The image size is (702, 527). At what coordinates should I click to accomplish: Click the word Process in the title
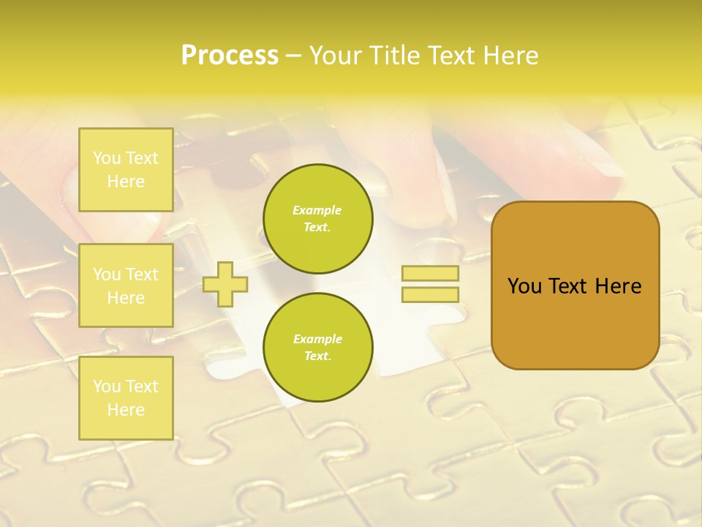point(230,56)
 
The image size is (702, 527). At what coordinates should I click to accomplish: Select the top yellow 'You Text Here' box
point(126,170)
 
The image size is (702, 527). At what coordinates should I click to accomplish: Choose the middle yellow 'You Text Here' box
point(126,285)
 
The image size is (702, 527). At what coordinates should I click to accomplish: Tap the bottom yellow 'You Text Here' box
point(126,398)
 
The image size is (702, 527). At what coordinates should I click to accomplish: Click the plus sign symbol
point(225,284)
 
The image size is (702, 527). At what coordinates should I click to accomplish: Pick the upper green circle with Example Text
point(317,219)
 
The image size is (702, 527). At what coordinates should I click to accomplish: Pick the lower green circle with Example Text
point(317,348)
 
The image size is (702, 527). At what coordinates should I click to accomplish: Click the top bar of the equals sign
point(430,274)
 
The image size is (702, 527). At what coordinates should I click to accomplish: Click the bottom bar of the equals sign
point(430,295)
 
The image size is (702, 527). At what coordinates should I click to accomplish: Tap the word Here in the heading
point(510,56)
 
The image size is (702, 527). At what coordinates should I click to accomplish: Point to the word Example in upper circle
point(317,210)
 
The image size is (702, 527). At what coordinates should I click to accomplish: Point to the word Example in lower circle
point(317,339)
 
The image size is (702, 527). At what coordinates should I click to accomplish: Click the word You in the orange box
point(524,286)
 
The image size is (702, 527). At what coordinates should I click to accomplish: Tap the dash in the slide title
point(293,56)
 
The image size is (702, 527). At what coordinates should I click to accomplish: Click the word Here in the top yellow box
point(126,182)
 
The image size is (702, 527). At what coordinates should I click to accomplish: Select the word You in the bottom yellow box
point(107,386)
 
